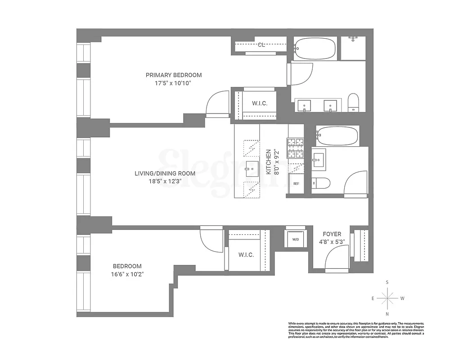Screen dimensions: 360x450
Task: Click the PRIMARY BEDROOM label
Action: pyautogui.click(x=174, y=75)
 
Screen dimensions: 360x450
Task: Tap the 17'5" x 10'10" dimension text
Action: pyautogui.click(x=174, y=83)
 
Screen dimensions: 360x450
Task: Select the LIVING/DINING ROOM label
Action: pyautogui.click(x=165, y=173)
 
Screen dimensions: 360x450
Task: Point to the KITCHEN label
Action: pyautogui.click(x=268, y=162)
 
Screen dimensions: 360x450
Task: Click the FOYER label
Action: pyautogui.click(x=332, y=234)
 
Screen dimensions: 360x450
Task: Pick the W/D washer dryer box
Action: pyautogui.click(x=296, y=239)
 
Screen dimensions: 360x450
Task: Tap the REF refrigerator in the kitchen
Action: pyautogui.click(x=296, y=184)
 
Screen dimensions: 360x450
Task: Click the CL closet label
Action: pyautogui.click(x=261, y=45)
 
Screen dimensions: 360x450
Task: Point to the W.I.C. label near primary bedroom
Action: pyautogui.click(x=260, y=103)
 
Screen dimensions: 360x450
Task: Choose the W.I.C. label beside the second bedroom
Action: pyautogui.click(x=246, y=255)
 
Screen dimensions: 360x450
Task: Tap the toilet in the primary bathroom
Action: pyautogui.click(x=354, y=102)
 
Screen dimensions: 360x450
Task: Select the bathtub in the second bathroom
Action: pyautogui.click(x=337, y=135)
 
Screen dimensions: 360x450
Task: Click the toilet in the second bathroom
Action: pyautogui.click(x=321, y=183)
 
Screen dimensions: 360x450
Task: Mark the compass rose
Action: pyautogui.click(x=387, y=297)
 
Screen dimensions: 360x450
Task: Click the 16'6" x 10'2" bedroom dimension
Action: pyautogui.click(x=127, y=274)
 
